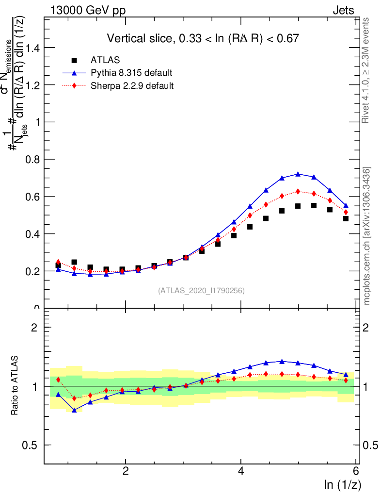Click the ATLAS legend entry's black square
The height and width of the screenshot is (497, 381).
coord(74,60)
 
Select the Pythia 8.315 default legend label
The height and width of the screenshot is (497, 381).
coord(131,73)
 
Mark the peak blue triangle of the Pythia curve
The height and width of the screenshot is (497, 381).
coord(298,174)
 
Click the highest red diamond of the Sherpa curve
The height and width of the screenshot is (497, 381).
coord(298,191)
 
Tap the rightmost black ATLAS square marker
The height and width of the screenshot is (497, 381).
coord(346,218)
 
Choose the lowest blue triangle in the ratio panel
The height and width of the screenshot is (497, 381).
coord(74,410)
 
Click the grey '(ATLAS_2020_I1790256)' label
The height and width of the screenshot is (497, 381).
coord(201,291)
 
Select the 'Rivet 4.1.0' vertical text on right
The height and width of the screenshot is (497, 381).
coord(366,70)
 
